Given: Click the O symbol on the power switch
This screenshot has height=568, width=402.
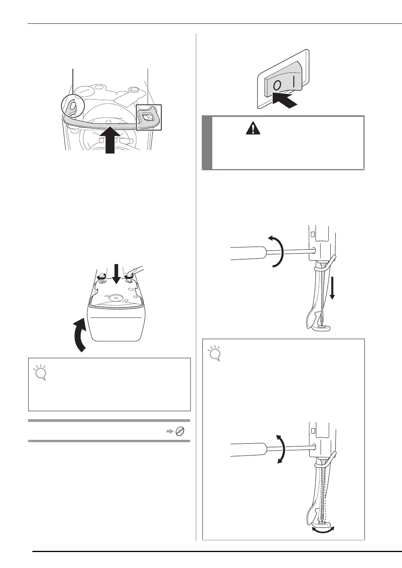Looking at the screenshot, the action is [x=275, y=85].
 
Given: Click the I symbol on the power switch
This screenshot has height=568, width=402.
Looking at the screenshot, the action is [x=293, y=83].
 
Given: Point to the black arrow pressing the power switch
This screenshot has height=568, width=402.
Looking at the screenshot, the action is [x=284, y=100].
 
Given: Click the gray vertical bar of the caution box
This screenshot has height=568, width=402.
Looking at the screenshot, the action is [x=207, y=143].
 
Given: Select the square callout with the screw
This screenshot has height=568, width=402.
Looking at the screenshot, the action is [x=149, y=117].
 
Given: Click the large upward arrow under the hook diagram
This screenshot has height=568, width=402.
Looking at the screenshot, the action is [x=110, y=139].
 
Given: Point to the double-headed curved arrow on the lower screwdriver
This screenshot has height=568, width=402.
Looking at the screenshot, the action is [x=281, y=449].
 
